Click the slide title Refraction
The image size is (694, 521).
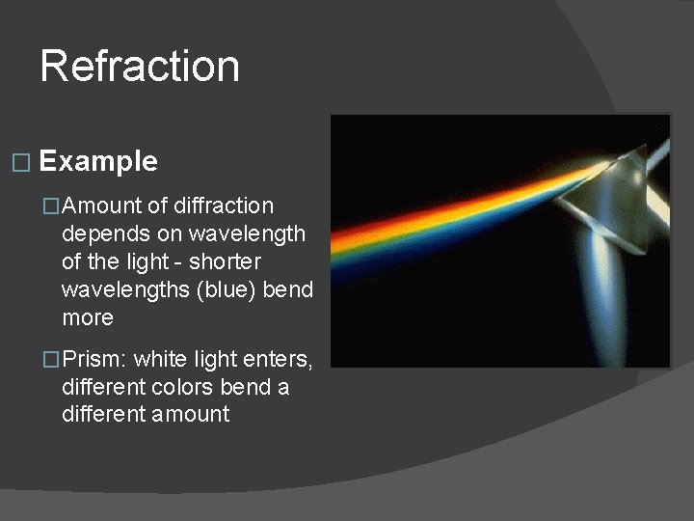[140, 67]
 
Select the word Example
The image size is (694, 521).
[98, 161]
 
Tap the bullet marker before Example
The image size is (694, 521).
[21, 163]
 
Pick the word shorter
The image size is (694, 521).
[225, 261]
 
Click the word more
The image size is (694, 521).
[87, 317]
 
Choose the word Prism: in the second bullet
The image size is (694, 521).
[94, 360]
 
